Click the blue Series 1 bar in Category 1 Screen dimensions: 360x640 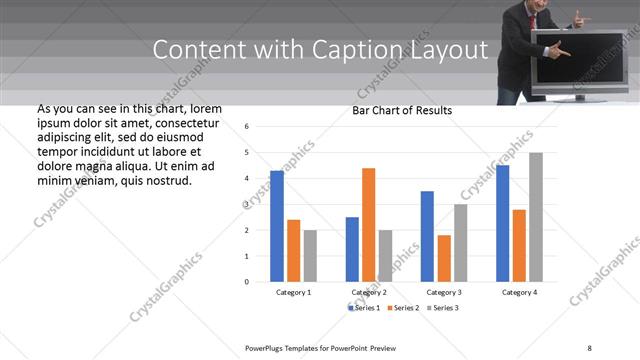pyautogui.click(x=277, y=226)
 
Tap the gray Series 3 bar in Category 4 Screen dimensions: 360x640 pyautogui.click(x=536, y=217)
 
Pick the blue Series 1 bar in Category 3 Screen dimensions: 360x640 pyautogui.click(x=427, y=236)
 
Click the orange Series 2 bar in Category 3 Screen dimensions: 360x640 pyautogui.click(x=443, y=258)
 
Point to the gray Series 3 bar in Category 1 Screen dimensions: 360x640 pyautogui.click(x=310, y=256)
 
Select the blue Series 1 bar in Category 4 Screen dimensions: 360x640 pyautogui.click(x=502, y=223)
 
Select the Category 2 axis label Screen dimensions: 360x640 pyautogui.click(x=369, y=292)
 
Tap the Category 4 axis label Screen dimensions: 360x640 pyautogui.click(x=519, y=292)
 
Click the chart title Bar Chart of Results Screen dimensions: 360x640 pyautogui.click(x=402, y=110)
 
